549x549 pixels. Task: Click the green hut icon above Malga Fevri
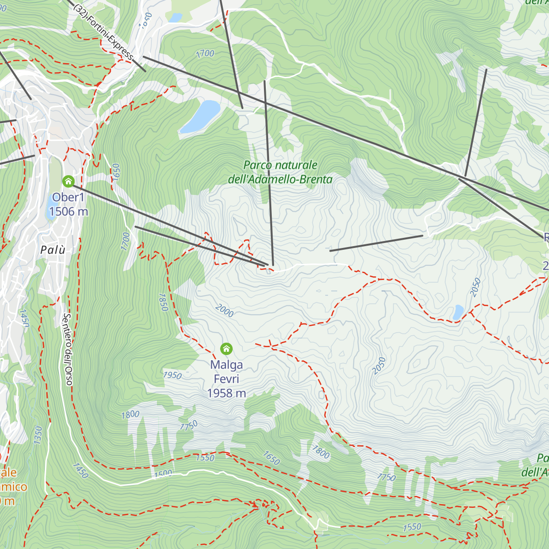tap(226, 349)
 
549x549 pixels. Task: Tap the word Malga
tap(226, 365)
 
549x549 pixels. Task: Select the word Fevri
tap(226, 379)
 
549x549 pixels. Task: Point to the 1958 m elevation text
tap(226, 393)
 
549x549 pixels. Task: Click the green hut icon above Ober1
tap(68, 182)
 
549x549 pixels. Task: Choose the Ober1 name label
tap(69, 197)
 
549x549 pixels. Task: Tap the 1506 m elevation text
tap(69, 211)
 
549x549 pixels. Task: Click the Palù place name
tap(53, 250)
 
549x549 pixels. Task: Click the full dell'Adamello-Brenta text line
tap(280, 179)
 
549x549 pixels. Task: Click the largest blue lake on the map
tap(200, 116)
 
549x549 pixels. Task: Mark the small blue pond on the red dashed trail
tap(457, 312)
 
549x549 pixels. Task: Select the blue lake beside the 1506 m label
tap(50, 206)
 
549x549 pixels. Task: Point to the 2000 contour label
tap(224, 311)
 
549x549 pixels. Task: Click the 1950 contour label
tap(172, 376)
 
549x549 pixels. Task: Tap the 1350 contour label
tap(38, 435)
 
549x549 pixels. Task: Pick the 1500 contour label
tap(163, 474)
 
